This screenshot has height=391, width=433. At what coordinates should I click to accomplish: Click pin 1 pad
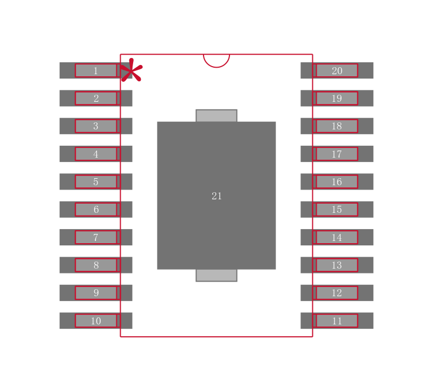pos(96,70)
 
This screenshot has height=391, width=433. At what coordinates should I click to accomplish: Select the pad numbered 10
pos(96,321)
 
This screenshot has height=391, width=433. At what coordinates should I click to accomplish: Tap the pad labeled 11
pos(337,321)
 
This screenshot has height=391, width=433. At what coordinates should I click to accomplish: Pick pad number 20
pos(337,70)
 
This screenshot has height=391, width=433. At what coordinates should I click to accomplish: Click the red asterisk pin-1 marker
pos(131,71)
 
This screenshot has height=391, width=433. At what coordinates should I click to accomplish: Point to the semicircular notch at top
pos(216,60)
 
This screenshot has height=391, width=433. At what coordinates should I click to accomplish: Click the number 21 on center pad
pos(216,196)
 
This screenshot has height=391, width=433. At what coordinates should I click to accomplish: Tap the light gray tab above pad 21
pos(216,115)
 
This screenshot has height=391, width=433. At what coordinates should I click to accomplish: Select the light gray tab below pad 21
pos(216,275)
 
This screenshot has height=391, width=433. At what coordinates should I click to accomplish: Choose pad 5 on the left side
pos(96,181)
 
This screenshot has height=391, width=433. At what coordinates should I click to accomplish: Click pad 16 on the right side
pos(337,181)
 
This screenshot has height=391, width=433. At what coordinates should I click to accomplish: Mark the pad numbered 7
pos(96,237)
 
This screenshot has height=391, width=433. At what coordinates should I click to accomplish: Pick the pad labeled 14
pos(337,237)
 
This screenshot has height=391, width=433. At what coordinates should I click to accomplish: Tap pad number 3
pos(96,126)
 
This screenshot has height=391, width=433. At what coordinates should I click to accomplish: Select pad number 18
pos(337,126)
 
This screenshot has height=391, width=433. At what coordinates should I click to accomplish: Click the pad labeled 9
pos(96,293)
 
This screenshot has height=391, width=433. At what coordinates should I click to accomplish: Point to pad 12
pos(337,293)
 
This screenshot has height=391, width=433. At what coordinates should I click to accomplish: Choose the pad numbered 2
pos(96,98)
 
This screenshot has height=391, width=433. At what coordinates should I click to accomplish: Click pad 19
pos(337,98)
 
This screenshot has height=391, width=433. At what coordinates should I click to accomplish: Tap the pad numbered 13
pos(337,265)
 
